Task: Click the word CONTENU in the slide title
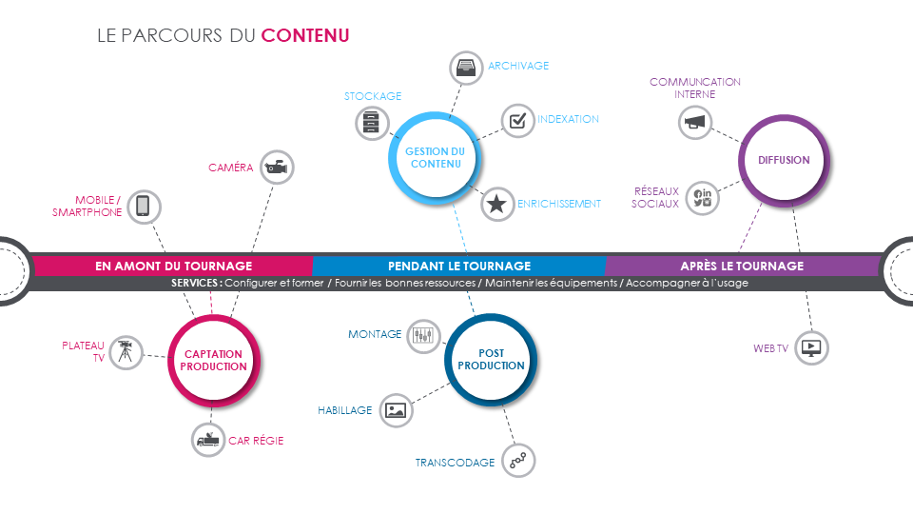pyautogui.click(x=305, y=35)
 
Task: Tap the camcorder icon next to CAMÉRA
pyautogui.click(x=277, y=168)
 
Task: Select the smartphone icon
pyautogui.click(x=144, y=207)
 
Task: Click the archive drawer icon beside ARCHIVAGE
pyautogui.click(x=466, y=68)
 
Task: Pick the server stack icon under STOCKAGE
pyautogui.click(x=372, y=123)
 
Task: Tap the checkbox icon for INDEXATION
pyautogui.click(x=517, y=121)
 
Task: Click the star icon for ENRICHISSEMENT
pyautogui.click(x=496, y=204)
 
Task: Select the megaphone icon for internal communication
pyautogui.click(x=694, y=123)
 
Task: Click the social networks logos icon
pyautogui.click(x=702, y=198)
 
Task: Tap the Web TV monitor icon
pyautogui.click(x=811, y=348)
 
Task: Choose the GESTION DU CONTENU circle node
pyautogui.click(x=435, y=158)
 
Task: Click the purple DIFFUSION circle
pyautogui.click(x=784, y=160)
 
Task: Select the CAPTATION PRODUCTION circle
pyautogui.click(x=213, y=360)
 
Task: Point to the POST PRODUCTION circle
pyautogui.click(x=491, y=360)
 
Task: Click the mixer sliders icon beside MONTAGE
pyautogui.click(x=423, y=336)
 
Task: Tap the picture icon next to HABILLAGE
pyautogui.click(x=396, y=410)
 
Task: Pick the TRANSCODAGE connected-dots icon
pyautogui.click(x=518, y=461)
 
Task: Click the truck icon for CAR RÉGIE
pyautogui.click(x=208, y=440)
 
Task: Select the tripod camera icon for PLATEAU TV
pyautogui.click(x=126, y=352)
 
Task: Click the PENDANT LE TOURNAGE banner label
pyautogui.click(x=459, y=267)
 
